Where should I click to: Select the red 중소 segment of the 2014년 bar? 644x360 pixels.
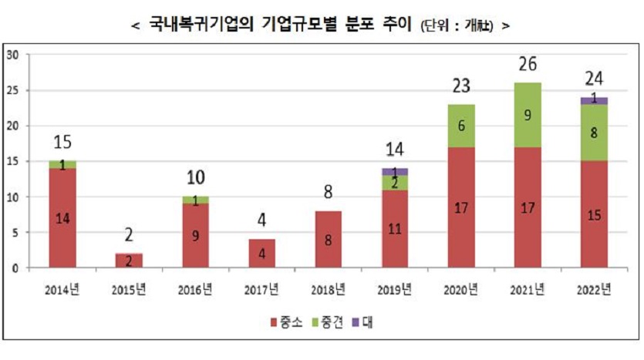pos(62,217)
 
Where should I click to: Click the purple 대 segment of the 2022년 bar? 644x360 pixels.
pos(595,100)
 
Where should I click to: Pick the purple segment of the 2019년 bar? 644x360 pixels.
pos(396,172)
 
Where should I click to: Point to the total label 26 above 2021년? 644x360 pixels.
pos(528,64)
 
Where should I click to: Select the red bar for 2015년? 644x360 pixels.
pos(129,261)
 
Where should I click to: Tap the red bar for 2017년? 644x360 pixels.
pos(262,253)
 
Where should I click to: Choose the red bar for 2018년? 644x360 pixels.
pos(329,239)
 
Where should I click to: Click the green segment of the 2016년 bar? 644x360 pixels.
pos(196,200)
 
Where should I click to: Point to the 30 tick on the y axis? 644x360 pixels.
pos(13,55)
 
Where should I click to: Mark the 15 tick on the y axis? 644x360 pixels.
pos(13,161)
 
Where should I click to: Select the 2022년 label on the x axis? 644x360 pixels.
pos(595,290)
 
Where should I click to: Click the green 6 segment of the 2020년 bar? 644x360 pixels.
pos(461,126)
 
